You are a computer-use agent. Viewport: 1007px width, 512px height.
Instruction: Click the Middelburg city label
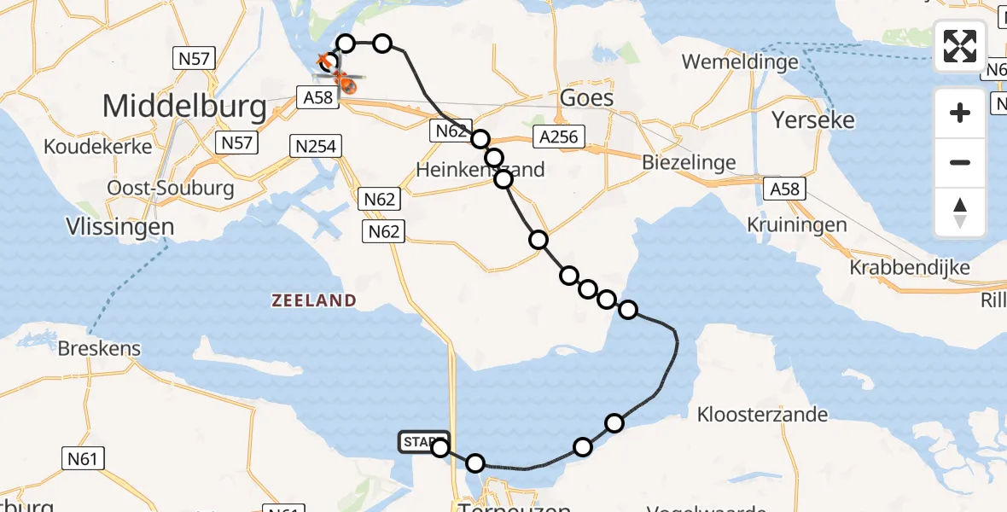[184, 106]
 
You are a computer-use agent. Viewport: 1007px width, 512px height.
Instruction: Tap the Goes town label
[586, 97]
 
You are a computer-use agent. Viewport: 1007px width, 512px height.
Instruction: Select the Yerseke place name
[812, 119]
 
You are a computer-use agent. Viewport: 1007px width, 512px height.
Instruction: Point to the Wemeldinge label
[740, 61]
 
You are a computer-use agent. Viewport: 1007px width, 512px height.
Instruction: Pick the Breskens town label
[100, 349]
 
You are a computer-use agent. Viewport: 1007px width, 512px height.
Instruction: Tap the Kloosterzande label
[762, 415]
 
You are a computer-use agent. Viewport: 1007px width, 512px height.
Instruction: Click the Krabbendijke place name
[910, 267]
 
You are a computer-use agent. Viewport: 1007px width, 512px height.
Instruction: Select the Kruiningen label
[796, 225]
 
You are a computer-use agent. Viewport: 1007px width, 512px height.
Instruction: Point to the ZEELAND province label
[313, 300]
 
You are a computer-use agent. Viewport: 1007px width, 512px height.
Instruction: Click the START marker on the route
[422, 441]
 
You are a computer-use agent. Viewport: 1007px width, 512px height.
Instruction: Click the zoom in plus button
[960, 113]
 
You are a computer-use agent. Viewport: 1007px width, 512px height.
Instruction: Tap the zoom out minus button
[960, 162]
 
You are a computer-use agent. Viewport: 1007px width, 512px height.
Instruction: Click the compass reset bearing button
[960, 212]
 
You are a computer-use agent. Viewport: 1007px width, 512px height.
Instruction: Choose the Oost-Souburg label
[171, 188]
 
